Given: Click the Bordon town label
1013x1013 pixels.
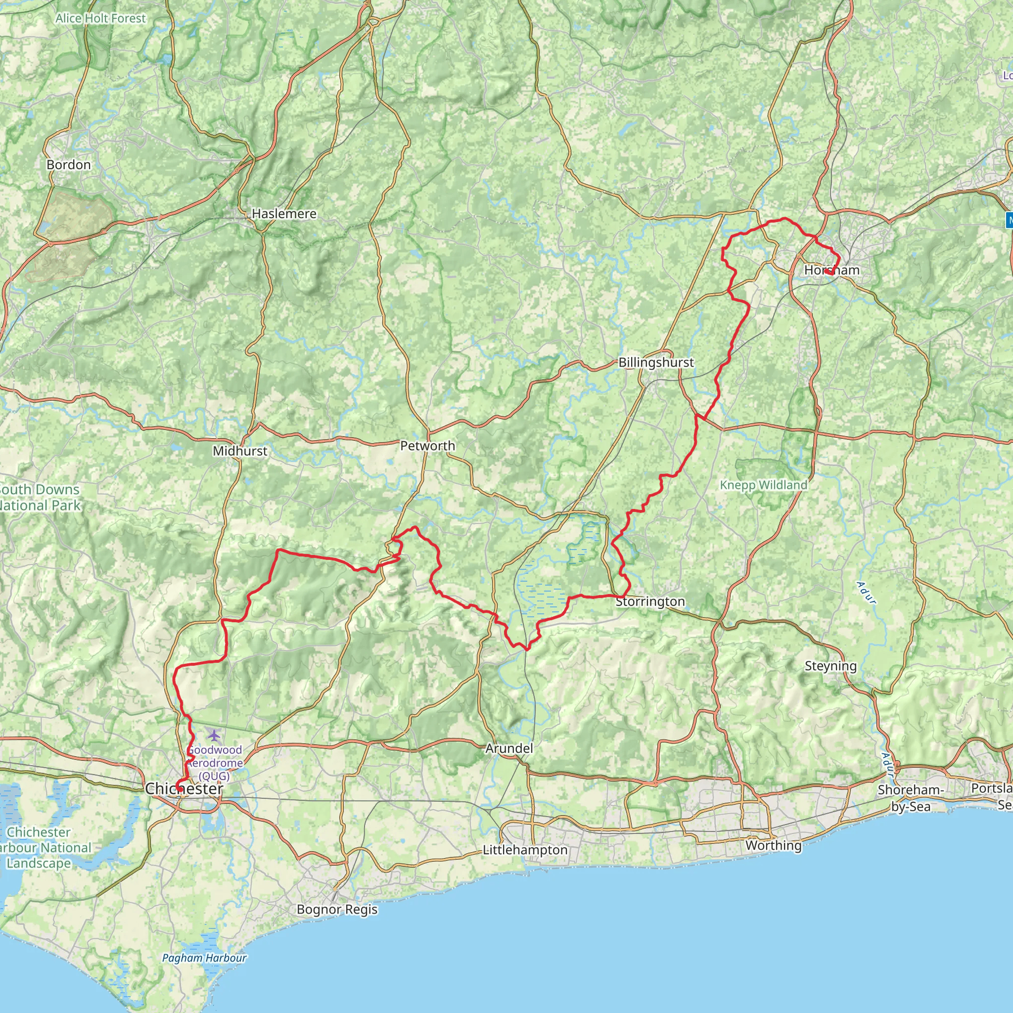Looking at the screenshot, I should [x=69, y=165].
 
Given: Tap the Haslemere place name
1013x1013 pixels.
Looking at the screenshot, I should [x=284, y=214].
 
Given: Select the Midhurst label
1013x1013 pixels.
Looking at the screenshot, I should [x=240, y=451].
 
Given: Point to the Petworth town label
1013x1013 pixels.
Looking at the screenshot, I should [x=427, y=446].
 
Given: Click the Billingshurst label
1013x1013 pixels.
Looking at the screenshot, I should [x=656, y=362].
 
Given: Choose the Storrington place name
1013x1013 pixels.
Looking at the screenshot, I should [x=650, y=601].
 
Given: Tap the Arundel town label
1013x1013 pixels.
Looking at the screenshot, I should [x=509, y=749].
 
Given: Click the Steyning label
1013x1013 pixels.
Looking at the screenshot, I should [x=830, y=666].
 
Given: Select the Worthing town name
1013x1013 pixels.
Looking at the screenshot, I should [x=774, y=845].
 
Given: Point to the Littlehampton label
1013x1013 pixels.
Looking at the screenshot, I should [x=525, y=850].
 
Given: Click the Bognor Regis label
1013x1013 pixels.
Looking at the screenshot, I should [x=337, y=909].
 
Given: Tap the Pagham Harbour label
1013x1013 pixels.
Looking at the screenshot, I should [x=204, y=958].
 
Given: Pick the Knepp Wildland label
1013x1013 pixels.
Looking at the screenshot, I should [x=763, y=485].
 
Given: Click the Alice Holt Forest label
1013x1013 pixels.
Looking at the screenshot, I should [x=101, y=18].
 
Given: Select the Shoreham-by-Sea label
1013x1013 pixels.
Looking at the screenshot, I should [x=911, y=798].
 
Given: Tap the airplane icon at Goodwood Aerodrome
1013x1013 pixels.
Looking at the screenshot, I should [x=213, y=735].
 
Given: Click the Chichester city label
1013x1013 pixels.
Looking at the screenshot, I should [x=184, y=788].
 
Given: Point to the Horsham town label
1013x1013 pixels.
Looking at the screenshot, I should [x=832, y=270].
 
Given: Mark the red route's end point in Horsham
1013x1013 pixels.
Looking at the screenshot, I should [x=827, y=272].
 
